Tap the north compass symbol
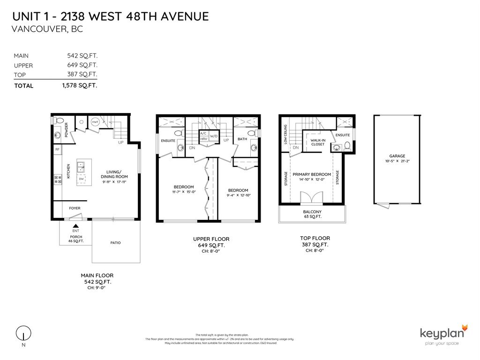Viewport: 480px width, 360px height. point(22,334)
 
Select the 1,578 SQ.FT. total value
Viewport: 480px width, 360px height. point(79,85)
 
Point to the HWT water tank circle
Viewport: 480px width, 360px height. point(95,121)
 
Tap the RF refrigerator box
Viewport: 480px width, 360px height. point(57,150)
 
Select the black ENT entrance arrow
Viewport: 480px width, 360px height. point(75,226)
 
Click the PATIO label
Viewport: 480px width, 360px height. point(115,242)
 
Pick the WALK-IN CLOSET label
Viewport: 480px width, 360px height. point(318,142)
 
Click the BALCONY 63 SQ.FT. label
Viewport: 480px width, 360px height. point(312,214)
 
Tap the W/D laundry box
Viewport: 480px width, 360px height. point(214,136)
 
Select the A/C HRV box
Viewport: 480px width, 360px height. point(203,136)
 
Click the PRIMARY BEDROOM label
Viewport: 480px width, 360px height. point(312,174)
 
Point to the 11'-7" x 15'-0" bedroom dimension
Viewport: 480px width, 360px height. point(183,191)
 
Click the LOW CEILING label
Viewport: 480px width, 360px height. point(286,133)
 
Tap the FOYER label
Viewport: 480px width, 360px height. point(75,208)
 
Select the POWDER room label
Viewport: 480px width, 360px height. point(67,128)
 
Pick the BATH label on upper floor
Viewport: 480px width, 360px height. point(242,139)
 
